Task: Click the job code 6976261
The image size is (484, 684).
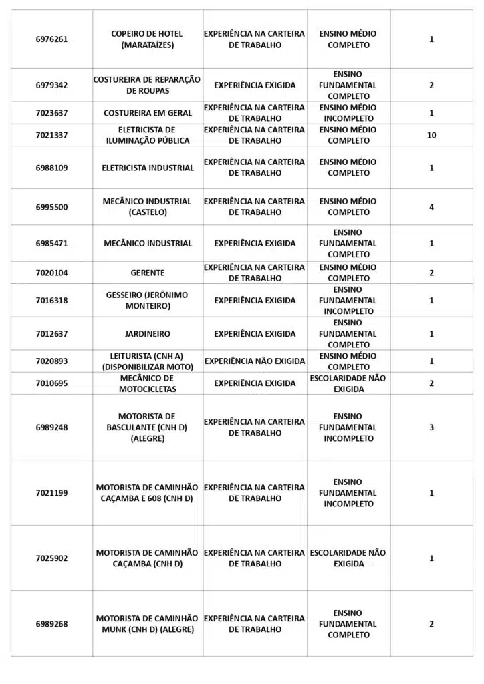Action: pyautogui.click(x=51, y=39)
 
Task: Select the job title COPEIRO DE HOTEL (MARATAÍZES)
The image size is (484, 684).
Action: pyautogui.click(x=147, y=39)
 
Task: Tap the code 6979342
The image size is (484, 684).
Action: pyautogui.click(x=51, y=85)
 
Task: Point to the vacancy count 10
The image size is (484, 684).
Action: pyautogui.click(x=431, y=135)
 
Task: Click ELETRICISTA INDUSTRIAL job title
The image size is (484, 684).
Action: pyautogui.click(x=147, y=168)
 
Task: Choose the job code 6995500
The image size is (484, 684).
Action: pyautogui.click(x=51, y=207)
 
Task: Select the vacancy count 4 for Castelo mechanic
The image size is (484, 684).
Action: pyautogui.click(x=431, y=207)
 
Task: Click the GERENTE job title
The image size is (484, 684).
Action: pyautogui.click(x=147, y=273)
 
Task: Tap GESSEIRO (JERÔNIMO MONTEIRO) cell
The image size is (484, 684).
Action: pyautogui.click(x=147, y=300)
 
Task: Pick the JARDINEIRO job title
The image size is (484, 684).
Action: pyautogui.click(x=147, y=333)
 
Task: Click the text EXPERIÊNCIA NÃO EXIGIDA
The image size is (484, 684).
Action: pyautogui.click(x=255, y=361)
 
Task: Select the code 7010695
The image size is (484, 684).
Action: pyautogui.click(x=51, y=383)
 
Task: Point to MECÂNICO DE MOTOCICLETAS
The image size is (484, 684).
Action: pyautogui.click(x=147, y=383)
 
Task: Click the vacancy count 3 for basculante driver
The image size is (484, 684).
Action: pyautogui.click(x=431, y=427)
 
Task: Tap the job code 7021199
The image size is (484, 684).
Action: pyautogui.click(x=51, y=493)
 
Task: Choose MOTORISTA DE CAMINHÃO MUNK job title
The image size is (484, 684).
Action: pyautogui.click(x=147, y=624)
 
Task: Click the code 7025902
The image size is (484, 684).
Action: pyautogui.click(x=51, y=558)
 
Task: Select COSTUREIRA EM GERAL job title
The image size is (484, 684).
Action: pyautogui.click(x=147, y=113)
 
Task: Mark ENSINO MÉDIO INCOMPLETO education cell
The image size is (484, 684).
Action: pyautogui.click(x=348, y=113)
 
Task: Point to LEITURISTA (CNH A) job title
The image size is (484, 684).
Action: pyautogui.click(x=147, y=361)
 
